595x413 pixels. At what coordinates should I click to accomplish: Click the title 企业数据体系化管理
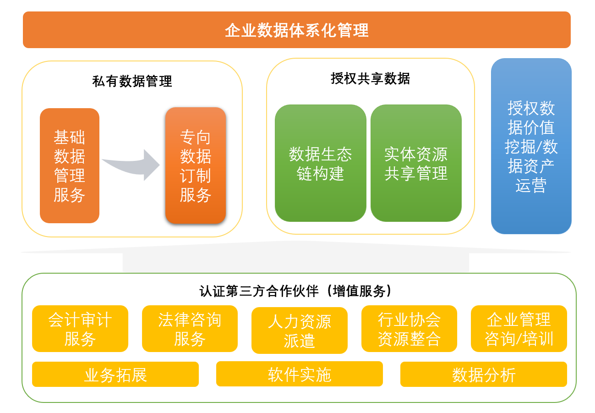(x=296, y=30)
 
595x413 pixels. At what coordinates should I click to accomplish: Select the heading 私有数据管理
(x=132, y=82)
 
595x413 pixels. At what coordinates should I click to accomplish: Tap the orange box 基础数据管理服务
(x=70, y=166)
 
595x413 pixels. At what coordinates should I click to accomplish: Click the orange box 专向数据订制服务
(x=196, y=166)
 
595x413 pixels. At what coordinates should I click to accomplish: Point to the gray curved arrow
(x=133, y=164)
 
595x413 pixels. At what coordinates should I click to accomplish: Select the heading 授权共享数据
(x=370, y=79)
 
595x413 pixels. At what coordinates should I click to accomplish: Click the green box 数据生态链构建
(x=320, y=163)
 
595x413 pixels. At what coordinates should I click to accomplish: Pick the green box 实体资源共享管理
(x=416, y=163)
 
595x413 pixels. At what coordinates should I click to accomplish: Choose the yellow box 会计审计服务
(x=80, y=329)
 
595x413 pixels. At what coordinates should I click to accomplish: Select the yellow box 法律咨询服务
(x=190, y=329)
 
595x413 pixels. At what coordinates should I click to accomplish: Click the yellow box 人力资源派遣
(x=300, y=330)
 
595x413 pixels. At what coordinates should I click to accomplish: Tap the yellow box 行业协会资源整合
(x=409, y=329)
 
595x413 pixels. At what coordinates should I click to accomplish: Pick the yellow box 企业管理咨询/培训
(x=519, y=329)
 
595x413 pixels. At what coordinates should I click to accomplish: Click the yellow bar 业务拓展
(x=115, y=374)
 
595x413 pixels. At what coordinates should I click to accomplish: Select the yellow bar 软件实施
(x=300, y=374)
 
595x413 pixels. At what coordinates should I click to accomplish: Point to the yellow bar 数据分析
(x=484, y=374)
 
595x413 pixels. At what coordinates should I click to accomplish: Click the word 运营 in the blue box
(x=531, y=186)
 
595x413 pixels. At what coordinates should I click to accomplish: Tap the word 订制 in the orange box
(x=196, y=176)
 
